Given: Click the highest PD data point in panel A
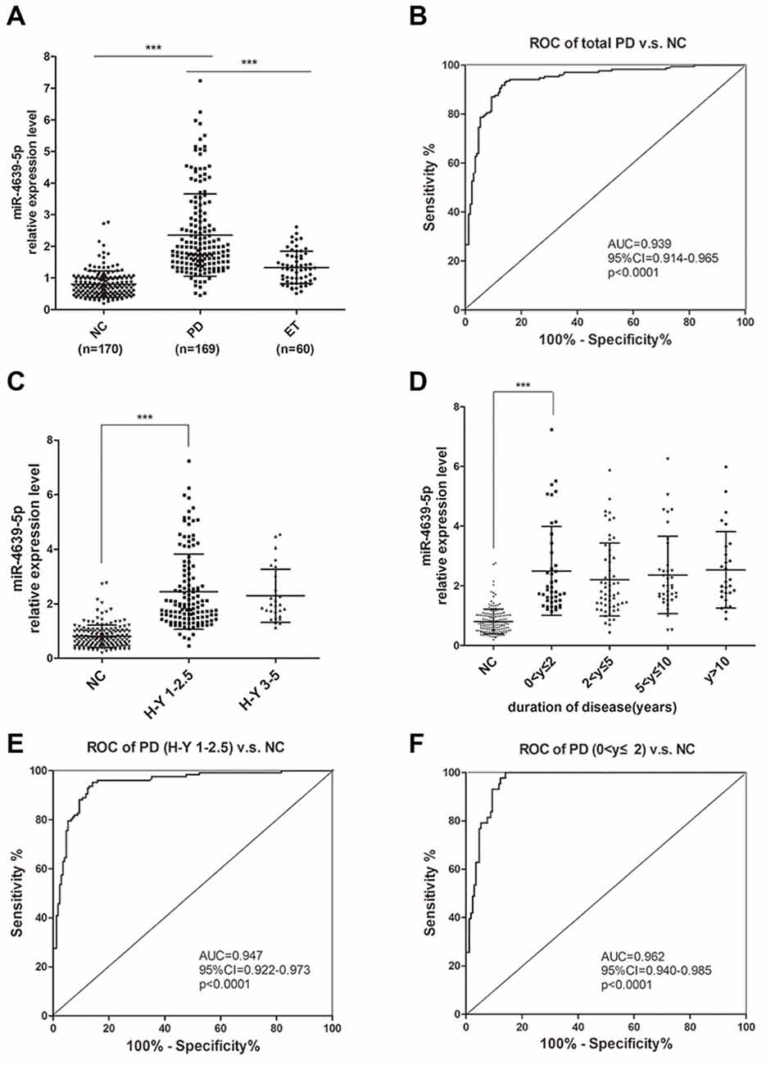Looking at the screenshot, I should click(x=199, y=81).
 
